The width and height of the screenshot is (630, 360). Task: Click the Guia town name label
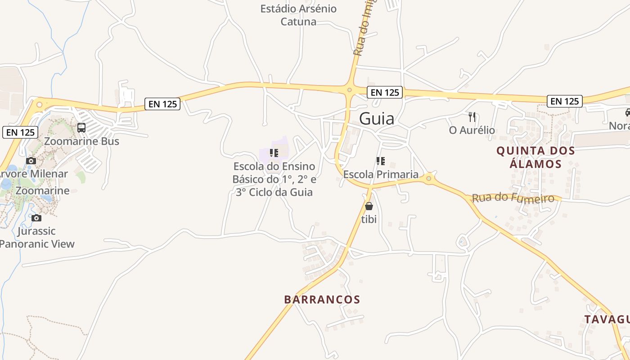(x=377, y=118)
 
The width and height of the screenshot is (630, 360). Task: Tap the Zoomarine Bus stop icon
(x=81, y=128)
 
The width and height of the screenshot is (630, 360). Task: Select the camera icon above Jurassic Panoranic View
(x=36, y=218)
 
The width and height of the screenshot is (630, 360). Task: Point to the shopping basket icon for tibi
(x=369, y=207)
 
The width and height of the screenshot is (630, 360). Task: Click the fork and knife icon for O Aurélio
(x=472, y=117)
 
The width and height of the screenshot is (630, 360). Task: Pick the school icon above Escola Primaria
(x=381, y=161)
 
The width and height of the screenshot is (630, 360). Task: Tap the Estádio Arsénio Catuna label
(x=298, y=15)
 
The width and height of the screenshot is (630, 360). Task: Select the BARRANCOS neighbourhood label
(x=322, y=300)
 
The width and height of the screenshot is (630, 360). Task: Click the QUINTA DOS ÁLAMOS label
(x=535, y=157)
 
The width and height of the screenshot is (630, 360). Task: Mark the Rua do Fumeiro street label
(x=513, y=198)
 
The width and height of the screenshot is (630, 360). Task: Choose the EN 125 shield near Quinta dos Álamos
(x=565, y=101)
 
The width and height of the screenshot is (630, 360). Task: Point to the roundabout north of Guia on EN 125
(x=349, y=90)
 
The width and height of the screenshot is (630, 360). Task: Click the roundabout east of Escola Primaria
(x=429, y=179)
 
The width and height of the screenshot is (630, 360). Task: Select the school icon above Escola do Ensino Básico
(x=274, y=153)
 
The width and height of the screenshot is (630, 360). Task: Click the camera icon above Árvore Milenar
(x=31, y=161)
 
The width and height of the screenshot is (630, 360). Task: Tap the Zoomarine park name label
(x=43, y=190)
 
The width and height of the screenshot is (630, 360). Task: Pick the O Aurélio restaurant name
(x=472, y=130)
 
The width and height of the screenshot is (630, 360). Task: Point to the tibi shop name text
(x=369, y=220)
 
